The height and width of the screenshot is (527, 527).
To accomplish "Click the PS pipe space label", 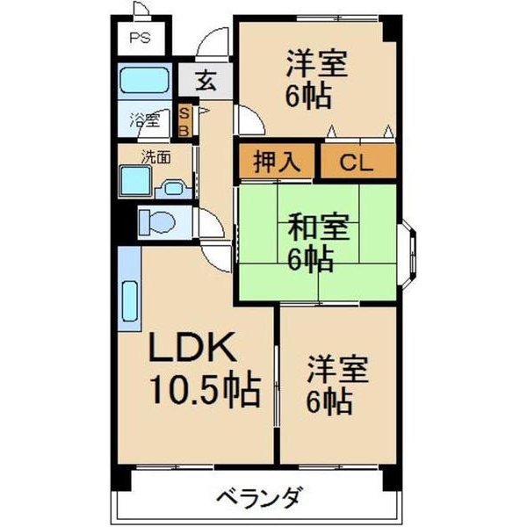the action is pos(140,37).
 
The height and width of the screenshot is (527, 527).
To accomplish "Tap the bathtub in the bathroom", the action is pos(145,80).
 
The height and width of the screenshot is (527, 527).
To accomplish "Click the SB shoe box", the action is pos(184,121).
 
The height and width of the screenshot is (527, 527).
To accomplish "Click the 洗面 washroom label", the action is pos(155,156).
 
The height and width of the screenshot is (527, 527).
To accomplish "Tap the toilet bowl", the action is pos(157,222).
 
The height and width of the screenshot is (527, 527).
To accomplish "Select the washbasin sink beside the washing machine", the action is pos(174,189).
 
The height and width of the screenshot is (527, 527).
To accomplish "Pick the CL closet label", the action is pos(357,162).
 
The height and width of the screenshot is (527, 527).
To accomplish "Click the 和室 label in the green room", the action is pos(319,227).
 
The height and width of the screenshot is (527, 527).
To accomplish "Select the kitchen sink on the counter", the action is pos(130,300).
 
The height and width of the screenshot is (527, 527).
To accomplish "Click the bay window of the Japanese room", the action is pos(408,255).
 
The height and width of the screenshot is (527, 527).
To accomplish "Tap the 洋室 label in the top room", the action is pos(316,63).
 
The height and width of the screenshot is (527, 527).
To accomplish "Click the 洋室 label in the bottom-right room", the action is pos(338,369).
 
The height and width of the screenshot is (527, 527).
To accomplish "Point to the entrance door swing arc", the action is pos(211,38).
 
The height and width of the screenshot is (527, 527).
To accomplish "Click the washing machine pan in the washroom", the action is pos(135,181).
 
